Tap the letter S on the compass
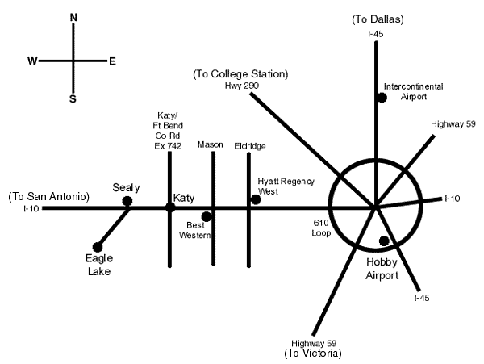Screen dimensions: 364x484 (x=73, y=98)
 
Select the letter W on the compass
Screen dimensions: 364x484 (x=32, y=61)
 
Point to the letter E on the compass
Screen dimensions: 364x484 (x=112, y=61)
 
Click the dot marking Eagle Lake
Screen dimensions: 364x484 (x=98, y=247)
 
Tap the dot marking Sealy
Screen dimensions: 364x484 (x=127, y=201)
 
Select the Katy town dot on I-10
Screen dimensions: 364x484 (x=170, y=207)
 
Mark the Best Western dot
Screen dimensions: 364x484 (x=207, y=216)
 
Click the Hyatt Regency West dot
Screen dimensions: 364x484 (x=256, y=199)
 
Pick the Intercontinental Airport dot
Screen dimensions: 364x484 (x=382, y=98)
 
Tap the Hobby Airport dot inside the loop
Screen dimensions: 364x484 (x=384, y=241)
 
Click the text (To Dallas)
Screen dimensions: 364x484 (x=378, y=18)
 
